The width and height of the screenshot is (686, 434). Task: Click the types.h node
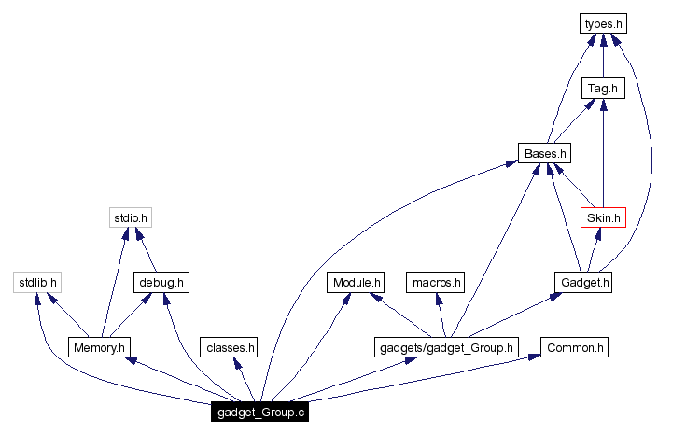pyautogui.click(x=602, y=23)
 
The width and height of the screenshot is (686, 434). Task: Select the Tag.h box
pyautogui.click(x=602, y=89)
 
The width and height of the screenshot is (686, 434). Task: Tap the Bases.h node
pyautogui.click(x=544, y=153)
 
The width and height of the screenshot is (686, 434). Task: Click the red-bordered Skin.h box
pyautogui.click(x=602, y=217)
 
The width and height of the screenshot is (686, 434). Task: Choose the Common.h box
pyautogui.click(x=576, y=347)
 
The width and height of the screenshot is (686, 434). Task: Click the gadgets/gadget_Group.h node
pyautogui.click(x=445, y=347)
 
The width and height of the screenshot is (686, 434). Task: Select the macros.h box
pyautogui.click(x=436, y=282)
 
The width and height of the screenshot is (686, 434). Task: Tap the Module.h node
pyautogui.click(x=356, y=282)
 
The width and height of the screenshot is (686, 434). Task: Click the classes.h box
pyautogui.click(x=228, y=347)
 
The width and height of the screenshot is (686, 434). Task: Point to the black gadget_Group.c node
pyautogui.click(x=259, y=412)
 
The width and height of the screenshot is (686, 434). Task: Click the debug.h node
pyautogui.click(x=161, y=282)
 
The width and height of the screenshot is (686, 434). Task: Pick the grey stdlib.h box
pyautogui.click(x=37, y=282)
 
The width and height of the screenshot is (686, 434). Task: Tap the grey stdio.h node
pyautogui.click(x=129, y=217)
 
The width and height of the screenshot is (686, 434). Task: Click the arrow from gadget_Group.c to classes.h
pyautogui.click(x=244, y=380)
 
